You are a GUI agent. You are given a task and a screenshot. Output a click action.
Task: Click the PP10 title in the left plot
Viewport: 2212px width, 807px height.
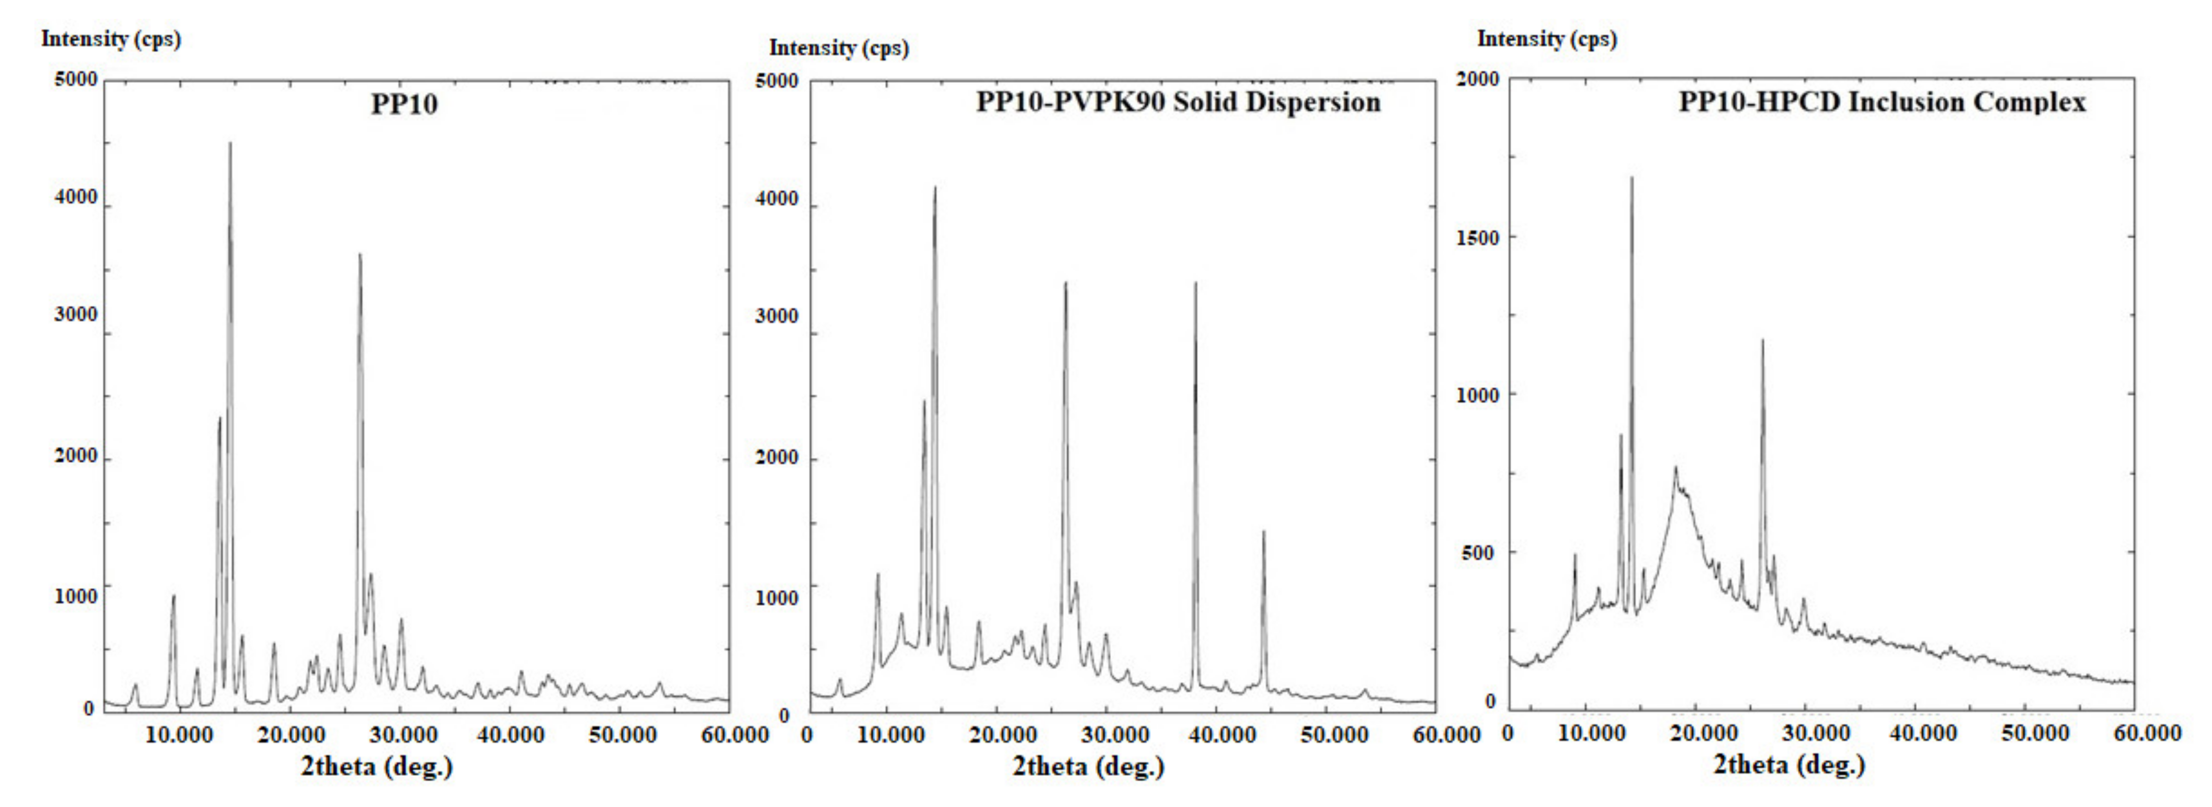(x=404, y=104)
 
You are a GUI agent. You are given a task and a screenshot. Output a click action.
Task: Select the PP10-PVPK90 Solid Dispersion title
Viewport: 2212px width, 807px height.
(x=1177, y=102)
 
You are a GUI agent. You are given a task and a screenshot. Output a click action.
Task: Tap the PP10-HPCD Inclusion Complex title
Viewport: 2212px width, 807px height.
(x=1881, y=102)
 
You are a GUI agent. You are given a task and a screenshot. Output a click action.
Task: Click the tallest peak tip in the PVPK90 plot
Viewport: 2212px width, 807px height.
(x=935, y=188)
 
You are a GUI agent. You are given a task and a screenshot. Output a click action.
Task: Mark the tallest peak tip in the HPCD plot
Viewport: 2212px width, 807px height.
(x=1632, y=178)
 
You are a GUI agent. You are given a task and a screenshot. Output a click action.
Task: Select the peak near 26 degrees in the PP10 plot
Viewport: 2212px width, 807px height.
(x=360, y=255)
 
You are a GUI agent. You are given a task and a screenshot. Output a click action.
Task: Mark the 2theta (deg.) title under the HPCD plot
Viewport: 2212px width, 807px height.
(x=1789, y=764)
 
